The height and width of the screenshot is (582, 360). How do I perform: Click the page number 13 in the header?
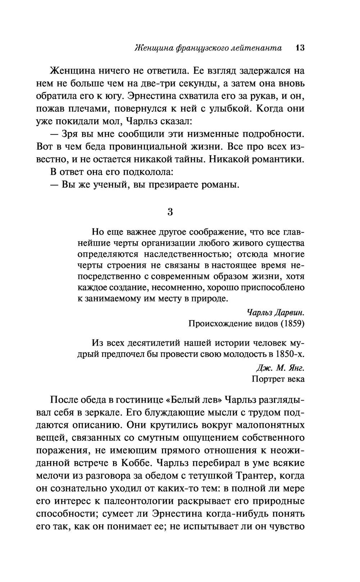pos(300,48)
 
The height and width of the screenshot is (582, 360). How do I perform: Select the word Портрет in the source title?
pos(267,379)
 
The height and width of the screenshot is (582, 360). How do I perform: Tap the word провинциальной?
pos(152,147)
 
